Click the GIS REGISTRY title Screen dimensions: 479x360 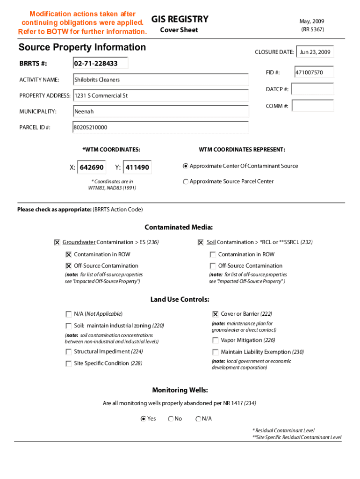coord(180,19)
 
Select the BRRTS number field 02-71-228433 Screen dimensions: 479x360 coord(100,63)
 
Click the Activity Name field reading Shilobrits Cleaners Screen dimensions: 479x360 coord(160,80)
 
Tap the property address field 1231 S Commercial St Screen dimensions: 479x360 coord(160,95)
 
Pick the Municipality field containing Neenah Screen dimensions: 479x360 coord(160,111)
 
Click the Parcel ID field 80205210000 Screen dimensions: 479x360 coord(160,127)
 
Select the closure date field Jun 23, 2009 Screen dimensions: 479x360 coord(315,52)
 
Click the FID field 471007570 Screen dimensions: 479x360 coord(314,73)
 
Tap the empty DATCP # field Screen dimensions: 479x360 coord(314,89)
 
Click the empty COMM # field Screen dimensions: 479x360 coord(314,106)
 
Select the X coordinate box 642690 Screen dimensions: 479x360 coord(92,167)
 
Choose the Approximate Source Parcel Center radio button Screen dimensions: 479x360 coord(186,181)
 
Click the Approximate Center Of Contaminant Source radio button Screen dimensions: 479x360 coord(186,166)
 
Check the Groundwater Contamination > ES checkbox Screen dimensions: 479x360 coord(57,242)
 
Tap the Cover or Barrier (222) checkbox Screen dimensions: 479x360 coord(216,314)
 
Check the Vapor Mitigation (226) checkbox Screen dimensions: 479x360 coord(216,341)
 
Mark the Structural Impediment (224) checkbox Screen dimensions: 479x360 coord(69,352)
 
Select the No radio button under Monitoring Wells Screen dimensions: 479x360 coord(171,419)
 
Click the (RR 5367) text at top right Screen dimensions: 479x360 coord(312,29)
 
